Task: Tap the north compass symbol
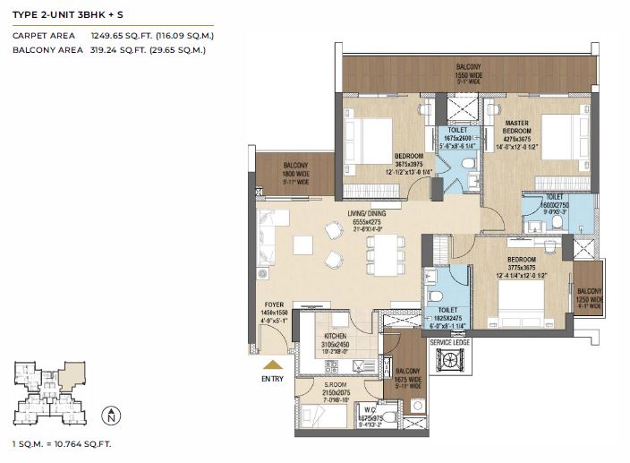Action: click(109, 416)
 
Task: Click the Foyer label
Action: click(273, 304)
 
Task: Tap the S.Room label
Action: click(336, 385)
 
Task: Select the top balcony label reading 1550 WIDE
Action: click(468, 75)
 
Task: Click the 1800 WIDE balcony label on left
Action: click(296, 173)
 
